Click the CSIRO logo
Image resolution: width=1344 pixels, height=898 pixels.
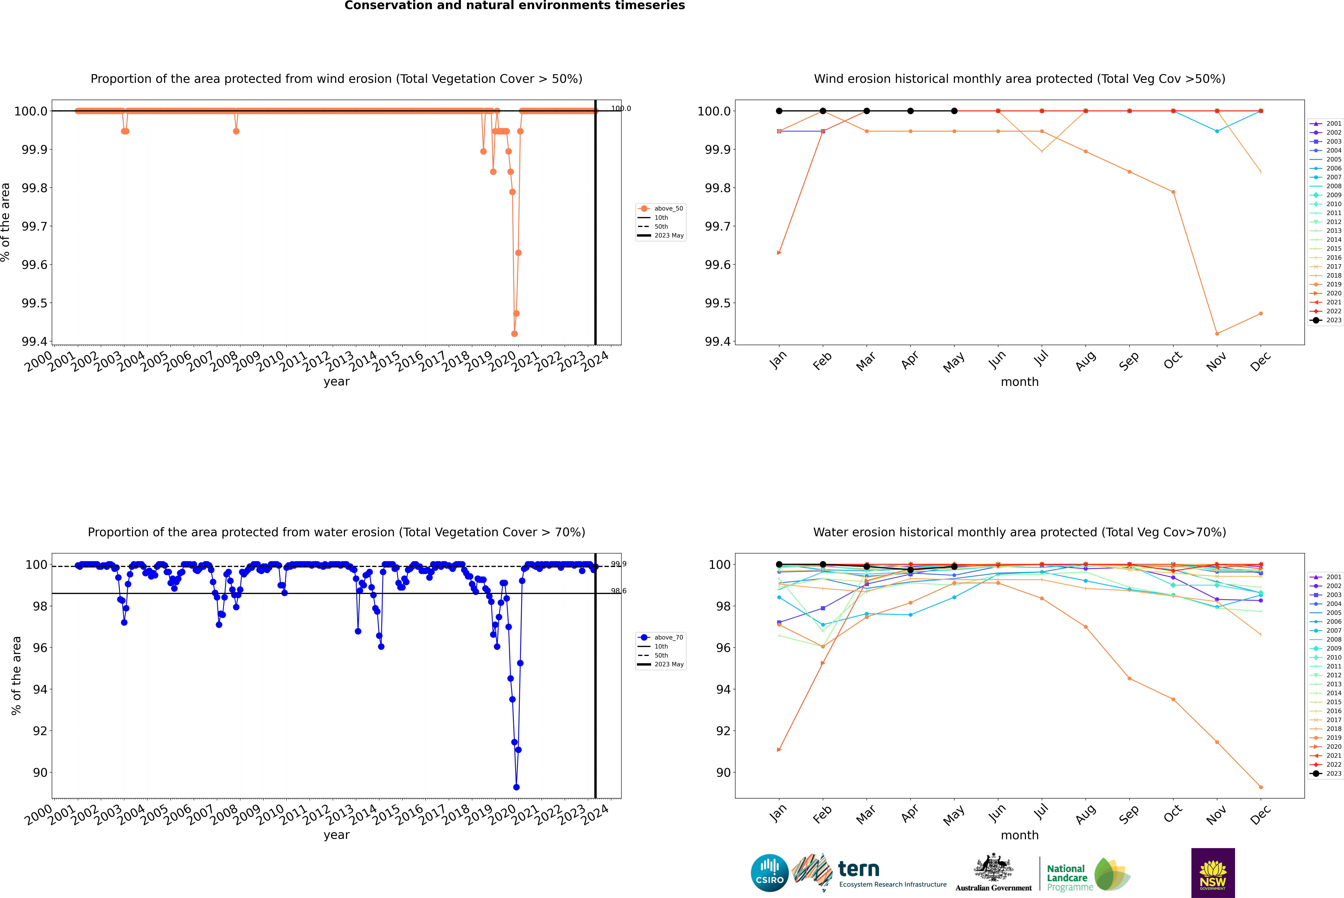[x=769, y=873]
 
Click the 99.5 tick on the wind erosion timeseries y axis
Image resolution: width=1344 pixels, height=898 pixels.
[x=34, y=303]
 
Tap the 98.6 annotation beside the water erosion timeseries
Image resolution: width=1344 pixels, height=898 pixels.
[x=618, y=591]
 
